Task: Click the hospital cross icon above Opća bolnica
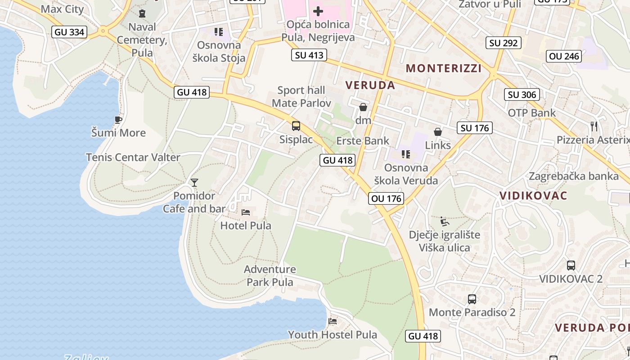point(318,11)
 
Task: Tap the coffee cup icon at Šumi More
point(118,120)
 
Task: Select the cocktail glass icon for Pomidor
point(194,182)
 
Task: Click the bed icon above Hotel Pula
point(246,212)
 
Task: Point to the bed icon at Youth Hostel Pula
point(333,321)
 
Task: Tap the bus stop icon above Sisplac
point(296,126)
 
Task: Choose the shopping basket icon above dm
point(363,107)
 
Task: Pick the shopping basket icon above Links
point(437,132)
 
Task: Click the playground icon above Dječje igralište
point(445,221)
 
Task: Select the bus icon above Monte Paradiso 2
point(472,299)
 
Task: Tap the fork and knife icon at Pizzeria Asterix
point(594,126)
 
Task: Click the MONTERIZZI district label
point(444,68)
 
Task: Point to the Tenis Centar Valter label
point(133,157)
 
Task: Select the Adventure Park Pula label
point(270,276)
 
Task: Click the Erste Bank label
point(363,141)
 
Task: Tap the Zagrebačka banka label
point(574,176)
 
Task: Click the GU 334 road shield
point(69,32)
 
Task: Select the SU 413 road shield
point(309,55)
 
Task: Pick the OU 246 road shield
point(565,56)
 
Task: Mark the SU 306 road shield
point(522,94)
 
